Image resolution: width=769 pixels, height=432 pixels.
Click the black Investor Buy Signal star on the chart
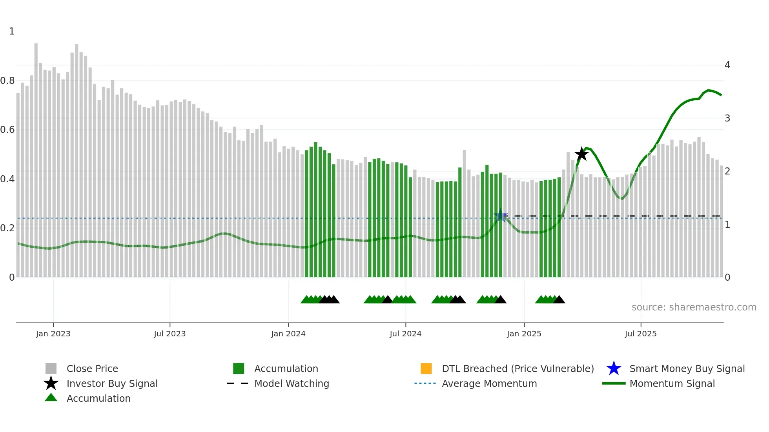point(581,154)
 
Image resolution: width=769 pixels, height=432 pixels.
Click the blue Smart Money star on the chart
point(501,216)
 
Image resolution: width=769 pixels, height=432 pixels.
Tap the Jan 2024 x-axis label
point(288,334)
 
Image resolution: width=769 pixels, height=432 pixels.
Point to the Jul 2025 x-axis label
point(640,334)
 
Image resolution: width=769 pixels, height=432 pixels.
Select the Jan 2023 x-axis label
point(53,334)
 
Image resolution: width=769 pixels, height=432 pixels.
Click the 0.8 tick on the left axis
point(7,81)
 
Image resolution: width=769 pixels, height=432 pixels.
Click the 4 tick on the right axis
point(727,65)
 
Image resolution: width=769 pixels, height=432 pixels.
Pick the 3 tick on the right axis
point(727,118)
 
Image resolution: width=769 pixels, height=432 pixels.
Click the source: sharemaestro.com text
point(694,307)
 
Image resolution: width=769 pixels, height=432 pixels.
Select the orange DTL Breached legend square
point(426,368)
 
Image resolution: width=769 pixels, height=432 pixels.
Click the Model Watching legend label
point(292,384)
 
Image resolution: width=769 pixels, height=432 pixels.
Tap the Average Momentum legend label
point(489,384)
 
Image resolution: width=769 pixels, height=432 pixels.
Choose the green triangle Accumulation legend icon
point(51,398)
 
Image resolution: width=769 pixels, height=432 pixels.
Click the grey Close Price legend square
point(51,368)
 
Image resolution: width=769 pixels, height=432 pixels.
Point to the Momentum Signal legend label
point(672,384)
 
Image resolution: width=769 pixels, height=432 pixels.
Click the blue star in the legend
point(614,368)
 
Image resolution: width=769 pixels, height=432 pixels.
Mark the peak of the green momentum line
point(708,90)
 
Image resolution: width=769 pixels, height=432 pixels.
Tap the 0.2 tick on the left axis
point(7,228)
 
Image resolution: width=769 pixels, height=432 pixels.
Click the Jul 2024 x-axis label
point(405,334)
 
